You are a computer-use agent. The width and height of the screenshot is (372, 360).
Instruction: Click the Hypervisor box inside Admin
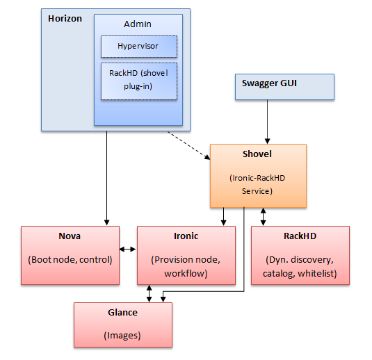139,47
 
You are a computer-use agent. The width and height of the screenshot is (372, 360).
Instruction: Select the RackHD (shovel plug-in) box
139,81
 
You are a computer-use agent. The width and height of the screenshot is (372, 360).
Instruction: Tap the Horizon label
65,19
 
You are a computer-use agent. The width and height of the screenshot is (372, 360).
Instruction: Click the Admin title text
138,24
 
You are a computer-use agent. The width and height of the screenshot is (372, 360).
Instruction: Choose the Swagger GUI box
284,87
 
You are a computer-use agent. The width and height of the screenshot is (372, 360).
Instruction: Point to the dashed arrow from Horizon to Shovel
189,146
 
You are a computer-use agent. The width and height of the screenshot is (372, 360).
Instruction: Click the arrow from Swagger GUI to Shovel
268,122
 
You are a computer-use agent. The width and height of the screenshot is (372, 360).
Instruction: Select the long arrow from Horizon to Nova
107,179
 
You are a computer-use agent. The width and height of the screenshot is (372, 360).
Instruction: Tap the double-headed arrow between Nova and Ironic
128,249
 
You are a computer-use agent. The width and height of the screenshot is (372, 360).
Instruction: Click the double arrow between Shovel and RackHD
263,217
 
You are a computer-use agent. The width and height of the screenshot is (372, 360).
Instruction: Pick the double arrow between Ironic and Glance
149,293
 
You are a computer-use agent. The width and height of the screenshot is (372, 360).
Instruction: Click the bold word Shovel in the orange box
257,154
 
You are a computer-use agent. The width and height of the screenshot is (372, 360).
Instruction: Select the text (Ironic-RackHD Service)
257,184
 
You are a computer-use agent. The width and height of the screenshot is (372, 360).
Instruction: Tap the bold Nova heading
70,236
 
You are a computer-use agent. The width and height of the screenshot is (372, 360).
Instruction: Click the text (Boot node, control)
70,260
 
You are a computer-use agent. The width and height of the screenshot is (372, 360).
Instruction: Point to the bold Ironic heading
186,236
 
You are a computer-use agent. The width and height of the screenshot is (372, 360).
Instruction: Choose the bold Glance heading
122,313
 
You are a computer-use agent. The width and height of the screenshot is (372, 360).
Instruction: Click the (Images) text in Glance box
122,336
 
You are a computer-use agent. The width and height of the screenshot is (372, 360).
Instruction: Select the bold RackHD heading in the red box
300,236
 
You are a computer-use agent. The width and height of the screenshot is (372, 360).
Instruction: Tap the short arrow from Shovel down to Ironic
223,217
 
